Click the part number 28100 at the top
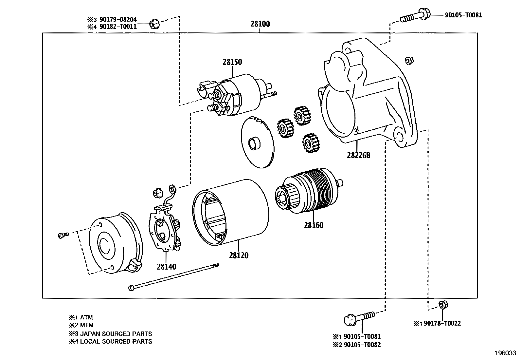click(260, 24)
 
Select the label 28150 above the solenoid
click(232, 62)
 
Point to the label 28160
click(314, 225)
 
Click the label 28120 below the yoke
click(239, 255)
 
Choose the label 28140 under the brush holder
click(166, 267)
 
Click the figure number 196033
click(505, 353)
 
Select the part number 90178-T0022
click(442, 324)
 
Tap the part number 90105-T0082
click(362, 345)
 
